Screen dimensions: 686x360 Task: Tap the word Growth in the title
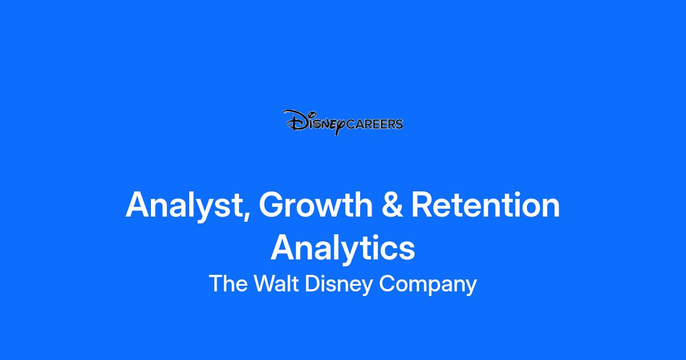[316, 204]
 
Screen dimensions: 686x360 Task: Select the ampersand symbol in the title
[392, 204]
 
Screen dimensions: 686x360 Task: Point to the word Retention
[485, 204]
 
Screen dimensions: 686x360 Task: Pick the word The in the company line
[228, 283]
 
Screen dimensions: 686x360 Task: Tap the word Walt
[276, 283]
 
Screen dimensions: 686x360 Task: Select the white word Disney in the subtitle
[338, 285]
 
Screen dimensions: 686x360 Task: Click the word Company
[428, 285]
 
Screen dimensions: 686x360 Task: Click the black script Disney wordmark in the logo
[314, 122]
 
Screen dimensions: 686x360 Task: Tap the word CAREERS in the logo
[374, 124]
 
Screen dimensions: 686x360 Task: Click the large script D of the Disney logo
[296, 121]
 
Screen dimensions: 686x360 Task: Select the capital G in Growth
[272, 204]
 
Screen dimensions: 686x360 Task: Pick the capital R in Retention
[423, 204]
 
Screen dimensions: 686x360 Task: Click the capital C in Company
[387, 283]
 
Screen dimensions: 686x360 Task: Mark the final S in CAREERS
[399, 124]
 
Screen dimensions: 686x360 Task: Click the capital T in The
[216, 283]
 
